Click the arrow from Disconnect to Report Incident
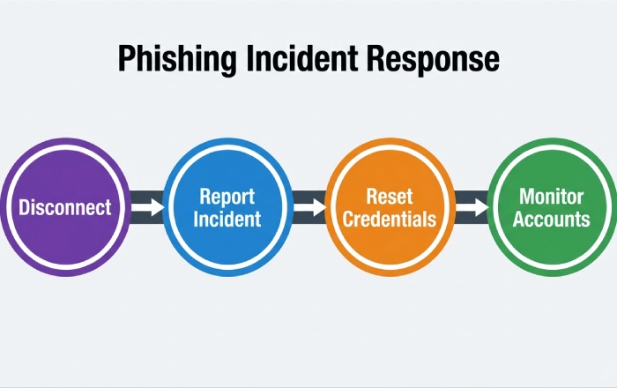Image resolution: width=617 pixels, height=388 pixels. click(150, 207)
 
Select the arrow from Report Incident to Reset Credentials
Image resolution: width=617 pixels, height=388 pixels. click(310, 207)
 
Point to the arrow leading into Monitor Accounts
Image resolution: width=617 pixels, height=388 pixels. click(473, 207)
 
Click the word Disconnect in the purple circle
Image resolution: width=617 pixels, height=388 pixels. click(65, 208)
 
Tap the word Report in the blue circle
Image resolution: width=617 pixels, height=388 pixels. click(227, 196)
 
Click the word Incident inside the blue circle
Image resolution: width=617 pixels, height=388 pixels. click(227, 219)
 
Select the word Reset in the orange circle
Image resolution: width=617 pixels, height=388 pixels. click(390, 196)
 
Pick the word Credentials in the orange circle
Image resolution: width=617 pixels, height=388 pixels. click(390, 219)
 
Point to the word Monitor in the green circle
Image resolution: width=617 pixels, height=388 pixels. click(553, 196)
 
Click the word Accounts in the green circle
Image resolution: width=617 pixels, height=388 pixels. click(553, 219)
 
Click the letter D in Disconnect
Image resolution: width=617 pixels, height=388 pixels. click(24, 208)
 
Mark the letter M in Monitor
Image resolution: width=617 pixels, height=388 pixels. click(526, 196)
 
